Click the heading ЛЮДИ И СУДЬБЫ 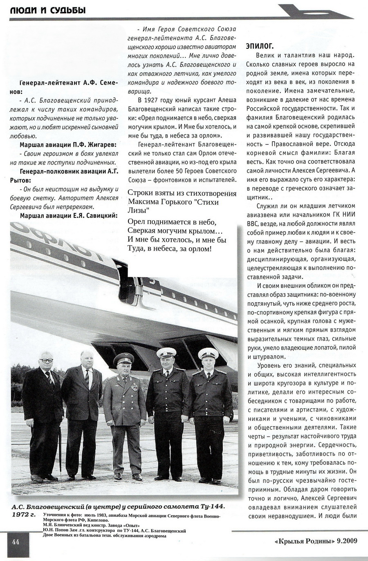pos(48,10)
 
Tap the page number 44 pos(16,542)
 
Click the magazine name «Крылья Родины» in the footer pos(301,541)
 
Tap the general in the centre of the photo pos(124,414)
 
